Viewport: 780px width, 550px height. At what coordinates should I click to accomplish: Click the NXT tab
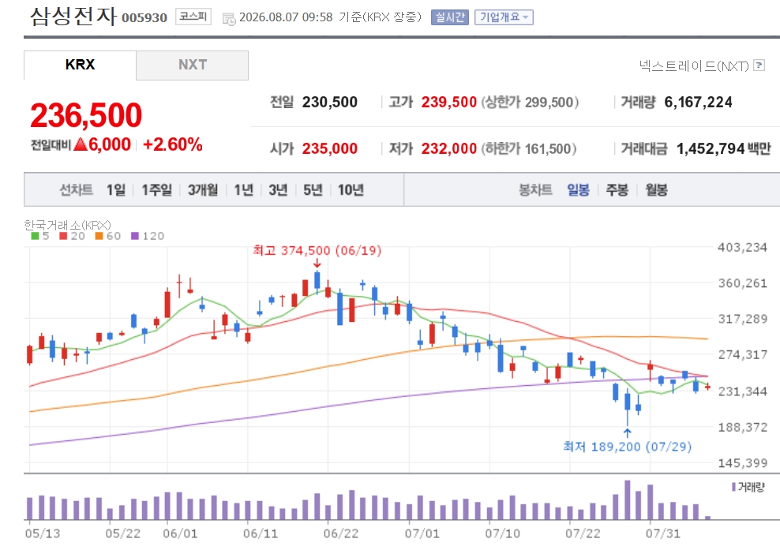tap(192, 65)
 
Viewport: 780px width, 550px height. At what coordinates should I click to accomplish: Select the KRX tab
tap(80, 65)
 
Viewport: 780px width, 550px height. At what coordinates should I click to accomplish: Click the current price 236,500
tap(86, 115)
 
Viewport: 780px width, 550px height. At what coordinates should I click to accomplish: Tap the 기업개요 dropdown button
tap(504, 17)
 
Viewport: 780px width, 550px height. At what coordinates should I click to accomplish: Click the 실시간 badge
tap(450, 17)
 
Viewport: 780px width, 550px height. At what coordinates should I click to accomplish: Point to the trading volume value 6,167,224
tap(698, 103)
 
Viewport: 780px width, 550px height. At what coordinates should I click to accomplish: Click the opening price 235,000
tap(329, 148)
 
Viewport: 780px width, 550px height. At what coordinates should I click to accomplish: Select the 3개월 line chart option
tap(202, 190)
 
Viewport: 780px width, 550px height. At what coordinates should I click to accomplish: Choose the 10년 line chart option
tap(351, 190)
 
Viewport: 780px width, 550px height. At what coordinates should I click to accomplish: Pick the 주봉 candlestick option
tap(617, 190)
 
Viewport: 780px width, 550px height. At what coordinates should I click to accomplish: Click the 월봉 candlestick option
tap(656, 190)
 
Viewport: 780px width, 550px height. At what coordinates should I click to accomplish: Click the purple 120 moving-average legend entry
tap(148, 236)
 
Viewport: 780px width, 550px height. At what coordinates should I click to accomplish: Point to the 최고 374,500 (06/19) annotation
tap(317, 250)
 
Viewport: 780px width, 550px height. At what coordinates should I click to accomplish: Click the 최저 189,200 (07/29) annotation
tap(627, 447)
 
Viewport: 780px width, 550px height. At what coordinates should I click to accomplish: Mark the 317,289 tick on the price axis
tap(743, 319)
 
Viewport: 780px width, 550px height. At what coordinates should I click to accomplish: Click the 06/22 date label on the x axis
tap(341, 533)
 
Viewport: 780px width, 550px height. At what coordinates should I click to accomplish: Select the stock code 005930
tap(144, 18)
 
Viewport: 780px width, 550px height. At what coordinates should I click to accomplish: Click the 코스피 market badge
tap(193, 17)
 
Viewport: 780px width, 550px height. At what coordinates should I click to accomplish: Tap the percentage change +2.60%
tap(173, 144)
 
